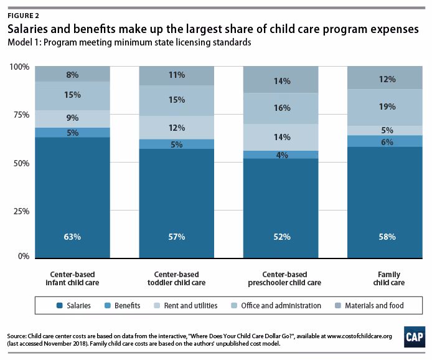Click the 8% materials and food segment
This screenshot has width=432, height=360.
72,74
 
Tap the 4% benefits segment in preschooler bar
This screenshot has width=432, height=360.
281,154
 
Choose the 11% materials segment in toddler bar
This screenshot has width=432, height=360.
177,75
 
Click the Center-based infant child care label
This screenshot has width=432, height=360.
72,278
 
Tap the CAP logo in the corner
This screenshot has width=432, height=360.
411,335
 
